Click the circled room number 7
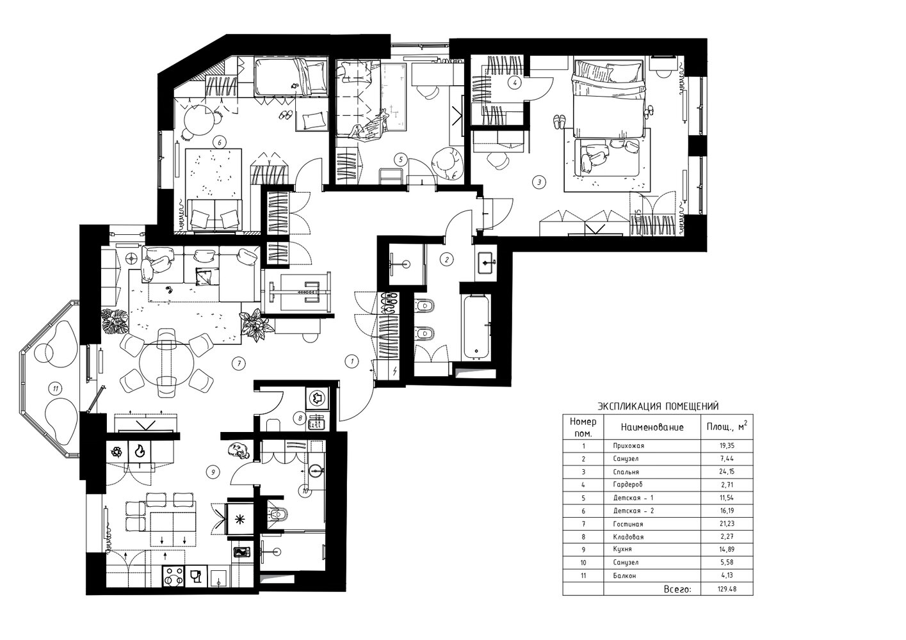[x=239, y=364]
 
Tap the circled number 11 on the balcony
[x=56, y=389]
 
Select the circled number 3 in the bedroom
[x=538, y=182]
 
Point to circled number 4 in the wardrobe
[x=515, y=83]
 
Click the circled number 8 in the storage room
[x=300, y=418]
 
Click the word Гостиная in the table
[x=628, y=524]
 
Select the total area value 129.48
[x=727, y=589]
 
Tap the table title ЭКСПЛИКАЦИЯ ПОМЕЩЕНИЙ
[x=658, y=406]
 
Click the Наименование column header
[x=652, y=428]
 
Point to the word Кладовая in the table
[x=628, y=537]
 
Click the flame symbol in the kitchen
[x=140, y=451]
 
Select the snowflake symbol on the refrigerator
[x=240, y=520]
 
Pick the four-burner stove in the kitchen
[x=173, y=576]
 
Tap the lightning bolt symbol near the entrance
[x=395, y=371]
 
